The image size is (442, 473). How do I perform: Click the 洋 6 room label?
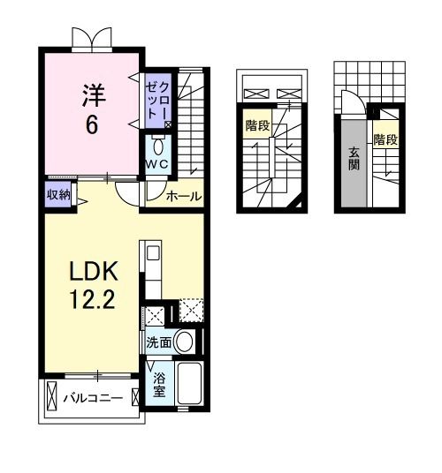click(x=91, y=108)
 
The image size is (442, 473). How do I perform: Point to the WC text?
click(x=158, y=165)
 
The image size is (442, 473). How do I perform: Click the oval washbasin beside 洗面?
click(x=184, y=342)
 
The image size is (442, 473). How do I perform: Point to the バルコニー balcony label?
click(x=93, y=398)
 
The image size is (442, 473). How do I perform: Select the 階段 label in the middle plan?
click(x=257, y=126)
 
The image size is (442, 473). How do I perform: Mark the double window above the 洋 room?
click(x=93, y=37)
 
